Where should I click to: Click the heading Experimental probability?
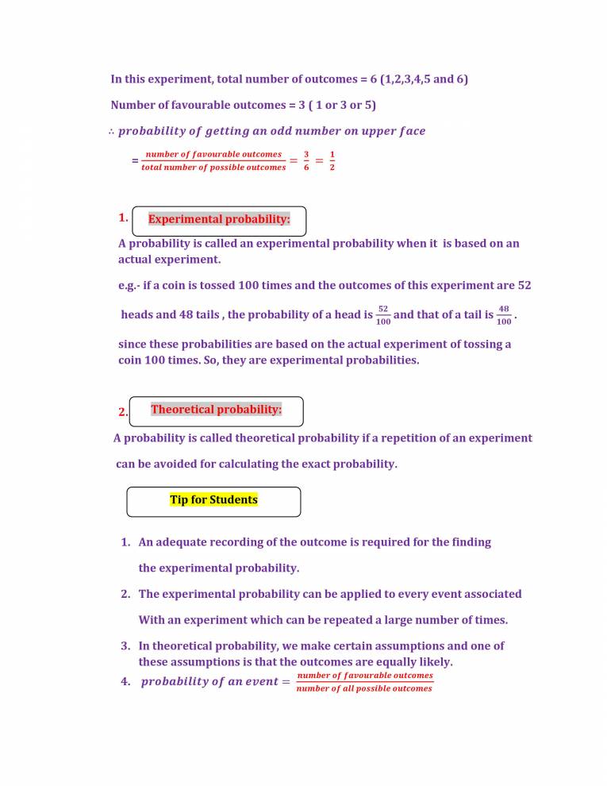pos(219,218)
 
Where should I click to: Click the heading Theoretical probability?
pos(216,410)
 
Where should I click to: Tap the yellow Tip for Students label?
pos(213,500)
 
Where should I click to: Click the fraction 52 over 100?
pos(383,315)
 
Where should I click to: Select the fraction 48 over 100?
pos(503,315)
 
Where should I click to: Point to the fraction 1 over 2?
pos(332,161)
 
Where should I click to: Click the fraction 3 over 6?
pos(306,161)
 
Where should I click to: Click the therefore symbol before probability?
pos(112,131)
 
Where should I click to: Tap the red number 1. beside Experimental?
pos(122,218)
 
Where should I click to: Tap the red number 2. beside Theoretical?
pos(122,412)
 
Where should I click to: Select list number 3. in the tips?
pos(125,646)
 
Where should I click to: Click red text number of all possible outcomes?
pos(364,688)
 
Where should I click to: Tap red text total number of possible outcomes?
pos(213,168)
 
